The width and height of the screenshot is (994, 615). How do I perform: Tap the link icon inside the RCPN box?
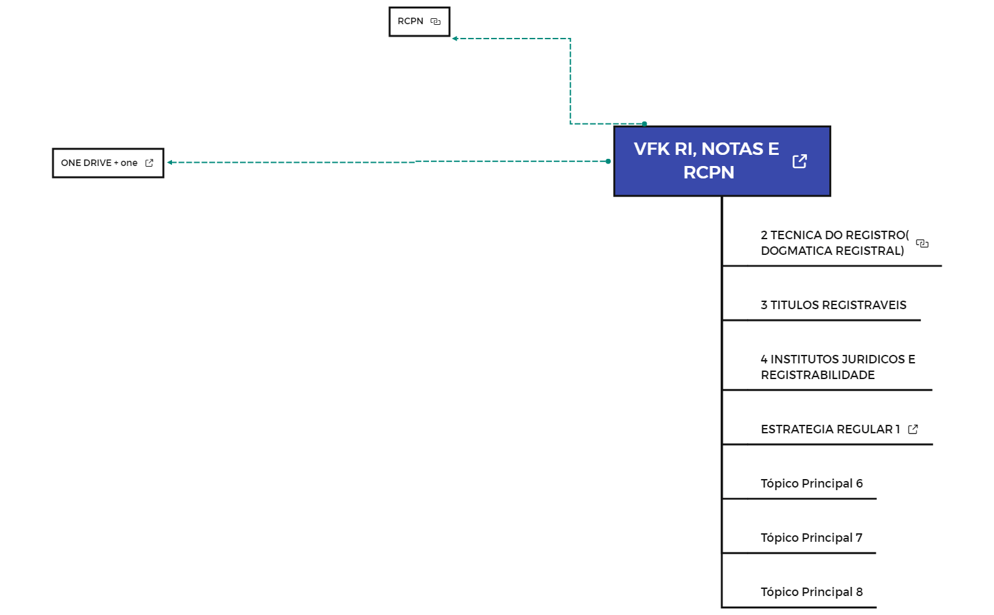(x=436, y=22)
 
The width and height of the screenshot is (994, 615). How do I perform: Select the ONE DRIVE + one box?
(x=99, y=163)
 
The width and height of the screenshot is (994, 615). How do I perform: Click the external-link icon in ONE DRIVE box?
(x=149, y=163)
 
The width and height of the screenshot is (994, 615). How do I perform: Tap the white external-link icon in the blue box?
(x=799, y=161)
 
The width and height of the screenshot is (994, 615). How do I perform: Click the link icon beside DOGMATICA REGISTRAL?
(x=922, y=243)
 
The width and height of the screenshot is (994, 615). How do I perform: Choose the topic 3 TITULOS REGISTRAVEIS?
(x=833, y=305)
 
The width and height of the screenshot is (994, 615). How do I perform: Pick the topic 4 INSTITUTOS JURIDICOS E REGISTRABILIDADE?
(x=837, y=367)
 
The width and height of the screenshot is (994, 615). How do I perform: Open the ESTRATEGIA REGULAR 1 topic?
(x=829, y=429)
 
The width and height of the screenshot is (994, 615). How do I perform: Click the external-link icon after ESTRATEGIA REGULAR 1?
(x=913, y=429)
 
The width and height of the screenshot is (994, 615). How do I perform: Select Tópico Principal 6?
(x=811, y=484)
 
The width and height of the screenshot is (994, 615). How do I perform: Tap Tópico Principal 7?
(x=811, y=538)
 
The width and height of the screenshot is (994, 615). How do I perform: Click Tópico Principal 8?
(x=811, y=592)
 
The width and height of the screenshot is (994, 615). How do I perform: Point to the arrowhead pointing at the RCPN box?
(x=455, y=39)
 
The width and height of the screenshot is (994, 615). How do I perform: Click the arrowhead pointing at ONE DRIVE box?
(x=170, y=162)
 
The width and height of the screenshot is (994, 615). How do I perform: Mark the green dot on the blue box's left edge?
(x=608, y=161)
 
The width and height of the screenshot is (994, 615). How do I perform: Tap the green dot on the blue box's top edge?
(x=644, y=124)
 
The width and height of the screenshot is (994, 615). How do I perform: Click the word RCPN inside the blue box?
(x=708, y=173)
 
